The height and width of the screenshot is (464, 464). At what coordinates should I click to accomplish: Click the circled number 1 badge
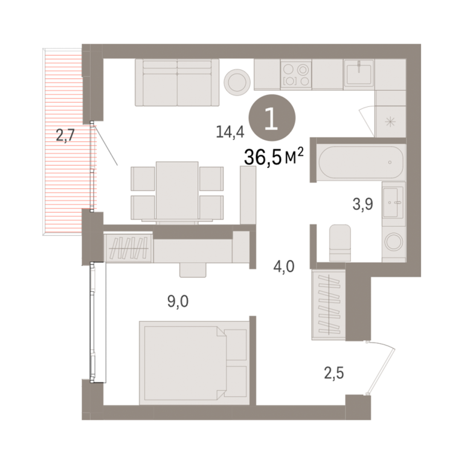(272, 118)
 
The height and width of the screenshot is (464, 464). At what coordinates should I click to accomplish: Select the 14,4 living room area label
(230, 132)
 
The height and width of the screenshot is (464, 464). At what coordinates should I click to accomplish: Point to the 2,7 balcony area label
(65, 136)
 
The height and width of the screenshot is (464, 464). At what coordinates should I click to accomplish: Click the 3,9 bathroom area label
(362, 204)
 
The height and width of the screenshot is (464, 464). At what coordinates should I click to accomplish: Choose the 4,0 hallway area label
(284, 266)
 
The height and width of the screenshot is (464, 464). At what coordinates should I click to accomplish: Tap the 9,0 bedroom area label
(178, 301)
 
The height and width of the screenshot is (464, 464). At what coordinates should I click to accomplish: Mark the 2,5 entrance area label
(333, 373)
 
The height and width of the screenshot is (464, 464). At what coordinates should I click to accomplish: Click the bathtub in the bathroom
(361, 163)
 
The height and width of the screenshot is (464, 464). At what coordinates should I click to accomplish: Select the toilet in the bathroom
(340, 243)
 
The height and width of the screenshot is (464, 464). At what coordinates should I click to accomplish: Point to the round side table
(237, 82)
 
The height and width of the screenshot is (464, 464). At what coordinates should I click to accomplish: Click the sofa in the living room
(177, 82)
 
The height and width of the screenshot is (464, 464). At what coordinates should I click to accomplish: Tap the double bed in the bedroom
(194, 362)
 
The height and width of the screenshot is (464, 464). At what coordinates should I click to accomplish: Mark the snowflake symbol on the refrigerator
(391, 121)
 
